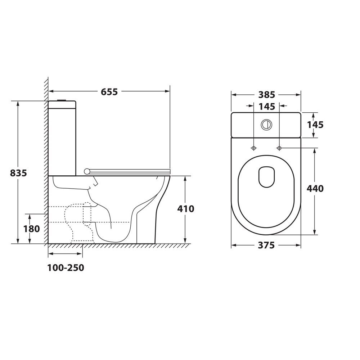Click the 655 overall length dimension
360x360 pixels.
tap(109, 91)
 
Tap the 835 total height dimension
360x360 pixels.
tap(18, 173)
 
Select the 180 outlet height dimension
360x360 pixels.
tap(31, 229)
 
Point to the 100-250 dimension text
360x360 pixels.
tap(66, 268)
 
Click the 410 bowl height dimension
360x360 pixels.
tap(186, 209)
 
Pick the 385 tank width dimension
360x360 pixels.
tap(266, 95)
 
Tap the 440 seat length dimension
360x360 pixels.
tap(315, 189)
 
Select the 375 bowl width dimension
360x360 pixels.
tap(266, 246)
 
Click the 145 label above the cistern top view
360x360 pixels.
tap(266, 107)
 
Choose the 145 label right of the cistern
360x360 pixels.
tap(315, 125)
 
